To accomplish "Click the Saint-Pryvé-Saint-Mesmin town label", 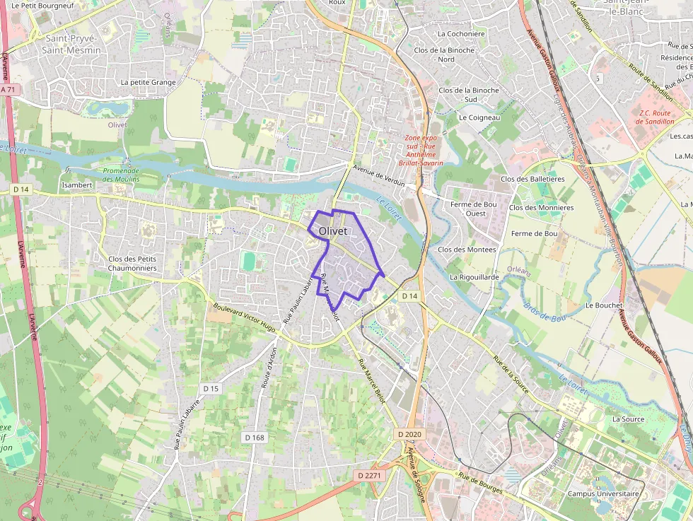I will (x=73, y=44).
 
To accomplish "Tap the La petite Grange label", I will (x=148, y=82).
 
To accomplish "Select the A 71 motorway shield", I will (x=8, y=90).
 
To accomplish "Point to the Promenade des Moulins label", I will (x=121, y=175).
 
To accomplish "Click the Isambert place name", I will (x=78, y=185).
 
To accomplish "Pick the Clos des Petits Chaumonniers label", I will (x=132, y=263).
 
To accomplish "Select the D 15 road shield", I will (x=211, y=388).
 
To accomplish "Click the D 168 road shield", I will (x=255, y=438).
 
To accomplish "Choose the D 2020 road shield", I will (x=409, y=433).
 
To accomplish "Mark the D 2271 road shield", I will (x=369, y=476).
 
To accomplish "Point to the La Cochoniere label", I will (x=461, y=33).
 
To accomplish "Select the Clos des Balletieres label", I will (x=532, y=179).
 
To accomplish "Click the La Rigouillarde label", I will (x=474, y=277).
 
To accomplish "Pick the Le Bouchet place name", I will (x=604, y=305).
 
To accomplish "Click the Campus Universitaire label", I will (x=603, y=493).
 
